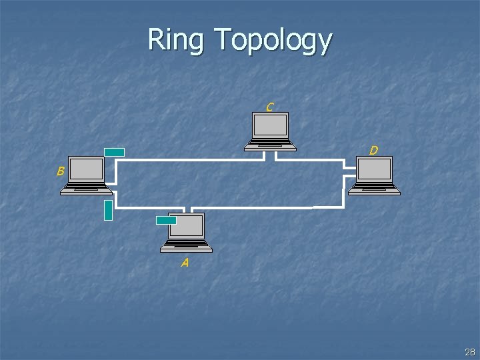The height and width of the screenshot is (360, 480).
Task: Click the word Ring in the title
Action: tap(176, 40)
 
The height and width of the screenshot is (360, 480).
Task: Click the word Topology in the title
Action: tap(273, 41)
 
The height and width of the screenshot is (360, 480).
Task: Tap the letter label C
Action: tap(269, 107)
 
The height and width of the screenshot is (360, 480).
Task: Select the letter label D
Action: tap(374, 151)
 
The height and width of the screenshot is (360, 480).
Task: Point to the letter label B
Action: tap(60, 171)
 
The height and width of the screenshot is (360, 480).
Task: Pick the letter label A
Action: tap(185, 263)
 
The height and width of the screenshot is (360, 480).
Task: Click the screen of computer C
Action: tap(271, 125)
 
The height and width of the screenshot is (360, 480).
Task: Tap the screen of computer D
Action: tap(375, 169)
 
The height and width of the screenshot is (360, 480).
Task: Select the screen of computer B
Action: tap(87, 169)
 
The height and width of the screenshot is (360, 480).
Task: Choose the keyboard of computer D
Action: tap(374, 189)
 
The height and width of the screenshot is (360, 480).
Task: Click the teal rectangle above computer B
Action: tap(114, 152)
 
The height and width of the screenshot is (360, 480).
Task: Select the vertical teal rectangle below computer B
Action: tap(108, 209)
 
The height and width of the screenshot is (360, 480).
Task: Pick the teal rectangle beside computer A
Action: tap(165, 220)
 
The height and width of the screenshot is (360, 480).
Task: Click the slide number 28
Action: tap(470, 352)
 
